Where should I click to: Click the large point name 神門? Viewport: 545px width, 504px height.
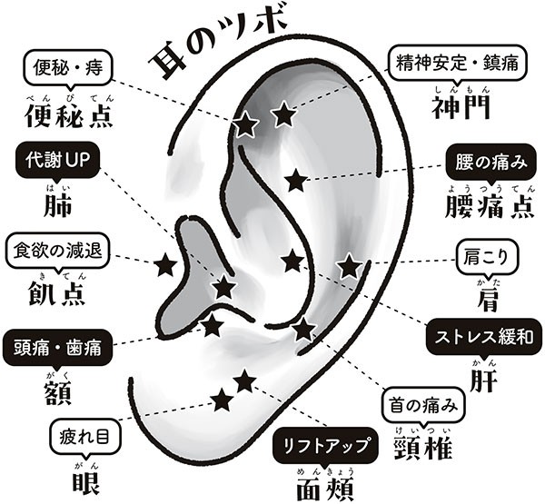(x=462, y=106)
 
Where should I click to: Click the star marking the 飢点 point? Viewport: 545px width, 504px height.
(x=164, y=265)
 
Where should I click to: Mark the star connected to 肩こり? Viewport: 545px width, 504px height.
(x=349, y=266)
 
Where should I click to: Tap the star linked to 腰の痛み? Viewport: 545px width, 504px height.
(x=293, y=180)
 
